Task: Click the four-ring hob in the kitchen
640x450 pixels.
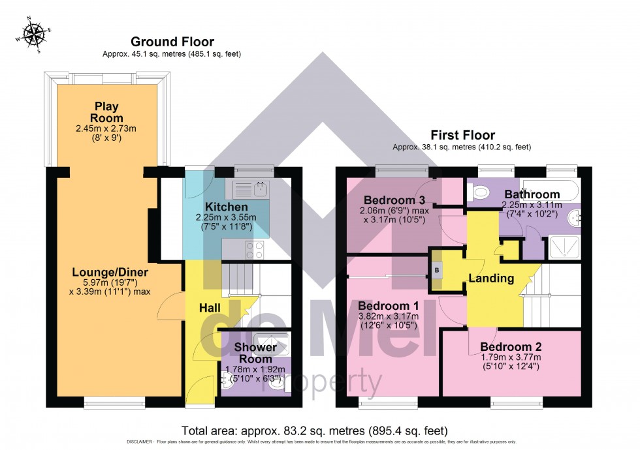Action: [255, 248]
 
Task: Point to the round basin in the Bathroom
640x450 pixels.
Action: [576, 218]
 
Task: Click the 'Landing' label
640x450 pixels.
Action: [491, 278]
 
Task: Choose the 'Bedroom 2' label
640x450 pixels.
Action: [511, 347]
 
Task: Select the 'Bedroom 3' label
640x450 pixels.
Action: [394, 200]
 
